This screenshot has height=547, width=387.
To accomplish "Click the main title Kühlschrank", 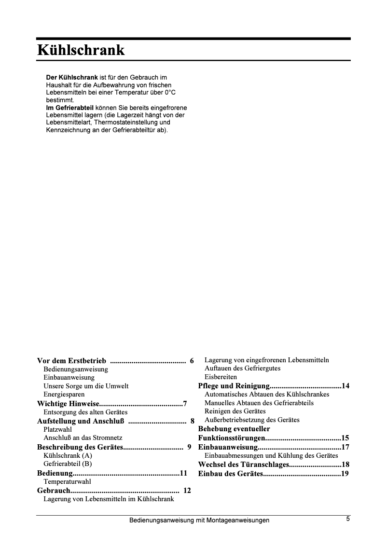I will (x=81, y=50).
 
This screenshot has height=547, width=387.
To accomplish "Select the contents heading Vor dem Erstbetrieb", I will (x=72, y=361).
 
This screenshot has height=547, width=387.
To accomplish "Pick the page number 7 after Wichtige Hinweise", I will (x=185, y=403).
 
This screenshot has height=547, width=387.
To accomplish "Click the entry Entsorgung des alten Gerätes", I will (x=85, y=412).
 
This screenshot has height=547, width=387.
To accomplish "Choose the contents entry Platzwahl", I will (x=57, y=429).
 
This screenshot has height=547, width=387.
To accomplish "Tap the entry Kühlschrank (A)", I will (x=68, y=455).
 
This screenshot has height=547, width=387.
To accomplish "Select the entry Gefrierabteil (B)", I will (x=68, y=464).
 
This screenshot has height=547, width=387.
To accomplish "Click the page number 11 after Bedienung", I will (x=183, y=473).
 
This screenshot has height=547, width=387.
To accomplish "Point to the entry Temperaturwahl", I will (x=67, y=481).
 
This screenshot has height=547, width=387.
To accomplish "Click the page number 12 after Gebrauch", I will (x=187, y=491).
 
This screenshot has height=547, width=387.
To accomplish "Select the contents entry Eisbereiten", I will (x=221, y=377).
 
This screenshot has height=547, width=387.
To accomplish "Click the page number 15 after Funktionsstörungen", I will (x=345, y=438).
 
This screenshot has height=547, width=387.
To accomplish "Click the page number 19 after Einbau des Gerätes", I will (x=345, y=474).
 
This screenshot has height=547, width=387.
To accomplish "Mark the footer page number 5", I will (x=347, y=519).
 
